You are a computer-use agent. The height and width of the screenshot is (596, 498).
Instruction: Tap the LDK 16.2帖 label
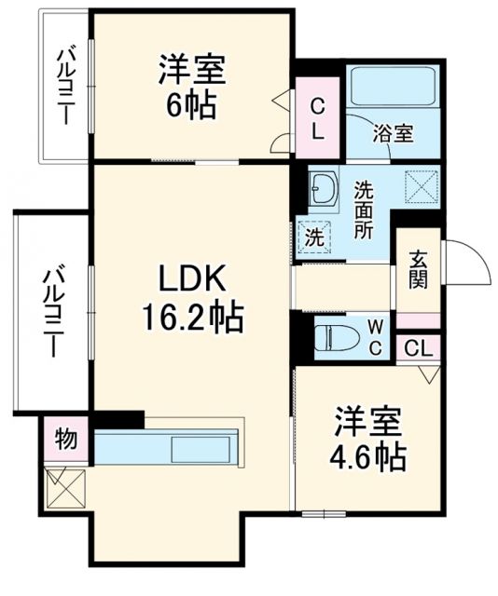pos(192,299)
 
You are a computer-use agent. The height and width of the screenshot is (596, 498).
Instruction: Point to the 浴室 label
pos(393,133)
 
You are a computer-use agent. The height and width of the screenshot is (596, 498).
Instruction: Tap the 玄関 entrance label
pos(417,269)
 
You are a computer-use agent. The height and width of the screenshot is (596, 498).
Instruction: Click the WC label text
pos(373,336)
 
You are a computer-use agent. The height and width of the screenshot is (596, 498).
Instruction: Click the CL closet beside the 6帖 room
pos(317,118)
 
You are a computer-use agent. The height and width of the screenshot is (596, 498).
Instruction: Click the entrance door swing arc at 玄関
pos(466,263)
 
